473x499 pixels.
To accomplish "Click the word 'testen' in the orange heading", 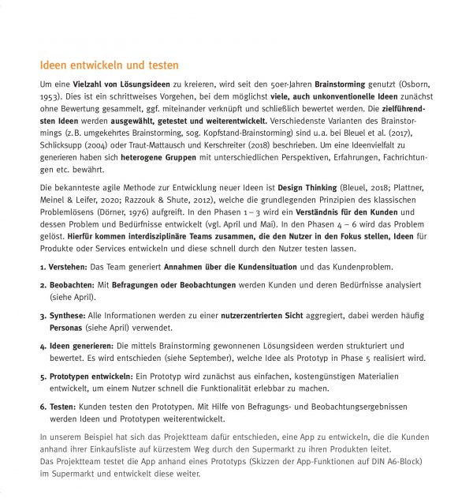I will (161, 66).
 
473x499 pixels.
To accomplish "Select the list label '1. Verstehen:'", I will (65, 268).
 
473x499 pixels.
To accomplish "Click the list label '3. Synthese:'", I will (64, 315).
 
